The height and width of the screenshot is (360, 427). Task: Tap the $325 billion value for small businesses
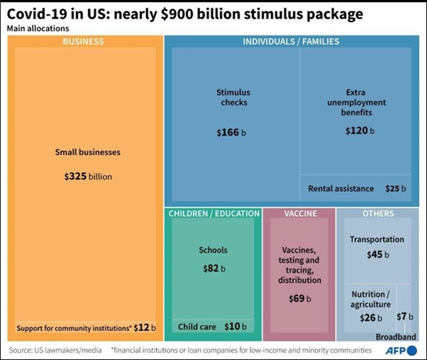coord(88,177)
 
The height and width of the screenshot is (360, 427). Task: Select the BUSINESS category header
coord(83,41)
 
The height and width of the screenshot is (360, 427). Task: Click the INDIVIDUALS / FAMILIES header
coord(290,41)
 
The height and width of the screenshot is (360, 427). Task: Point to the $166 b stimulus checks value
coord(232,133)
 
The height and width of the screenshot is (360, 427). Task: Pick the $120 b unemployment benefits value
coord(360,130)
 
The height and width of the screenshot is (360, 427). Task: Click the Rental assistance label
coord(341,189)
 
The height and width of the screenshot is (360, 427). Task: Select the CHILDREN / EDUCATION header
coord(213,214)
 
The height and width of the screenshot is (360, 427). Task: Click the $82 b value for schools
coord(214,268)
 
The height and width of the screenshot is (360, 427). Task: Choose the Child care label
coord(196,327)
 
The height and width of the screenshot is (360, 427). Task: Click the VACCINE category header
coord(300,214)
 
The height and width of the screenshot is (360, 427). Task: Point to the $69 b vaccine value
coord(300,299)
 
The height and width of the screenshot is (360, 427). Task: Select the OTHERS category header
coord(378,214)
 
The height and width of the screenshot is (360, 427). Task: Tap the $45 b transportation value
coord(378,254)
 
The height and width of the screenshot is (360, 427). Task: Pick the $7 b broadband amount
coord(406,317)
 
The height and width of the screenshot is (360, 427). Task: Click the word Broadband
coord(395,336)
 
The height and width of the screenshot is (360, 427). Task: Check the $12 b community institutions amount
coord(144,327)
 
